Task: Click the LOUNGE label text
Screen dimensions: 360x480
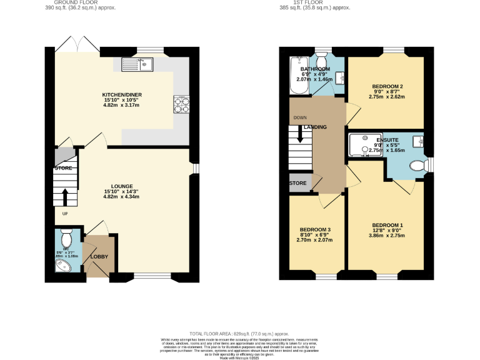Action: tap(121, 186)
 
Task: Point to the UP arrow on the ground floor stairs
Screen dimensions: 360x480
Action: tap(64, 197)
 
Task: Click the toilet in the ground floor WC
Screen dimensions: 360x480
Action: tap(67, 238)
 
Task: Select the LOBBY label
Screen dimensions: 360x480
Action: tap(99, 257)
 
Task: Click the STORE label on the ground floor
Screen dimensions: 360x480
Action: tap(63, 168)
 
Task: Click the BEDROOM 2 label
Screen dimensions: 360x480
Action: tap(387, 86)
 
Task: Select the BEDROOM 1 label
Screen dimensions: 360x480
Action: tap(387, 225)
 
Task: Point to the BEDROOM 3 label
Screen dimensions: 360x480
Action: tap(314, 229)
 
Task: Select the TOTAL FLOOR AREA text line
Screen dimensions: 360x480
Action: tap(239, 334)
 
